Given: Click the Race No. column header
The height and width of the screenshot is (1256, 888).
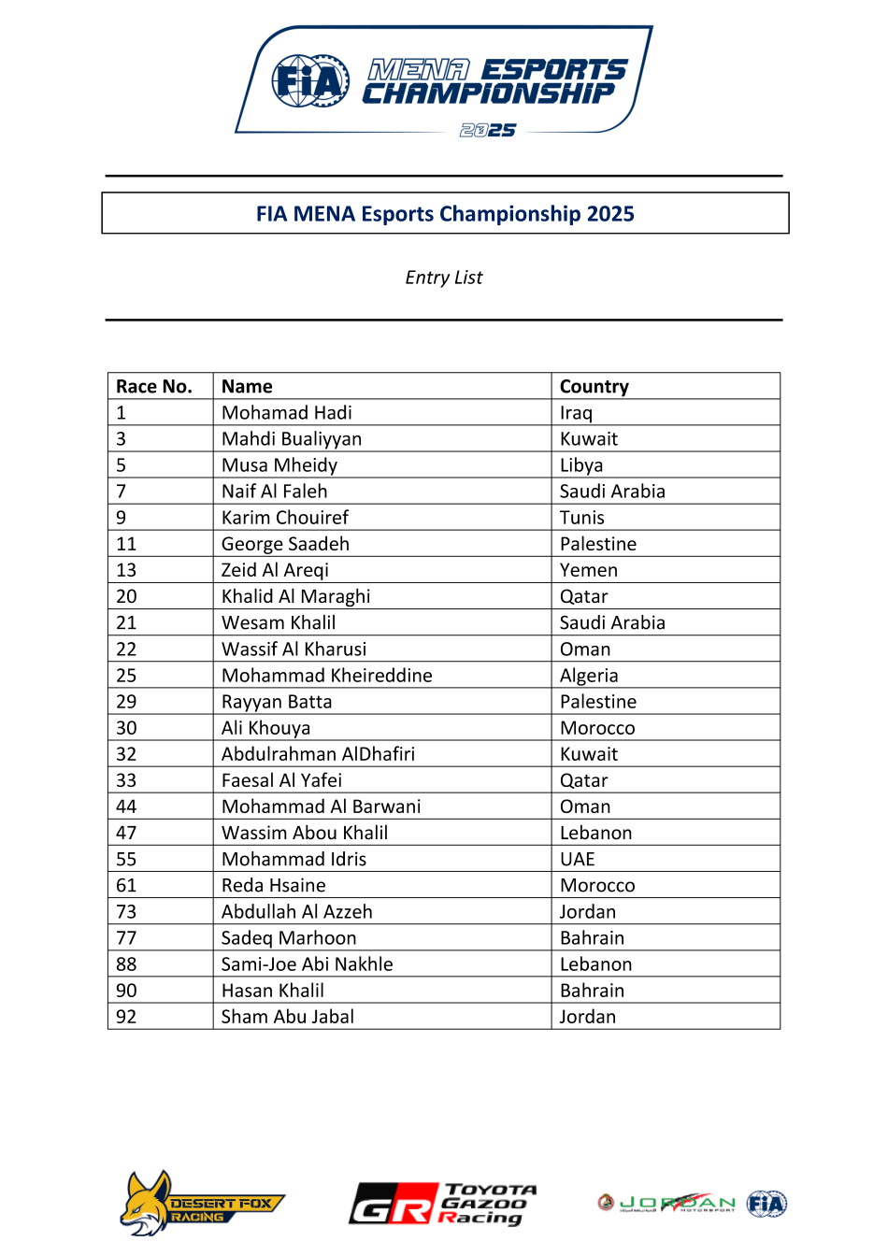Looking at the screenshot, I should coord(154,387).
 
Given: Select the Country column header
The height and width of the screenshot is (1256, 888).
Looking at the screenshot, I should coord(594,387).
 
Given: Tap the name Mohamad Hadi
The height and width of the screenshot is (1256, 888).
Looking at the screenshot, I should coord(287,413).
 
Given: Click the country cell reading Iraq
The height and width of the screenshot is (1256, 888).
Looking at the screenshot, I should coord(576,413).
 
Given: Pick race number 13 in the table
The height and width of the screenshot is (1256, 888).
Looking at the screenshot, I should coord(126,570).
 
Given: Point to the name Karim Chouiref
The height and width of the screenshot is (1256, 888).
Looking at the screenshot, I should coord(285,518).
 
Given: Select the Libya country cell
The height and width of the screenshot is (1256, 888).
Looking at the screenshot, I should coord(581,465).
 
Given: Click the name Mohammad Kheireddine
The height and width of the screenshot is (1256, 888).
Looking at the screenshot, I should coord(327,676).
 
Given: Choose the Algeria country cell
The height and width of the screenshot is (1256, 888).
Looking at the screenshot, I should coord(589,676).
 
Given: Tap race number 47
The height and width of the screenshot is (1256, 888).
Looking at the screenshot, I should coord(126,833).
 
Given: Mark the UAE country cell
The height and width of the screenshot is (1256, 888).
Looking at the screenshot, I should coord(578,859).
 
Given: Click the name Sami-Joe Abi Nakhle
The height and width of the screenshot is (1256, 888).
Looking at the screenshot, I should coord(307,964).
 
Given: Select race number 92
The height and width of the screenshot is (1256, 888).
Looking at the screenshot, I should coord(126,1017).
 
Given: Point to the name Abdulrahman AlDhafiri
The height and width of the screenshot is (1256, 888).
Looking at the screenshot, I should coord(318,754).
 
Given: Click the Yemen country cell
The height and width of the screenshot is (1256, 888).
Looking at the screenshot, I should coord(589,570).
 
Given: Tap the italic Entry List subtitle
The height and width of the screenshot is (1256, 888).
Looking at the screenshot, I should coord(444,278).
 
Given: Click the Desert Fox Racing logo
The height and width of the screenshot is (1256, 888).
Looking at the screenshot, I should coord(200,1204).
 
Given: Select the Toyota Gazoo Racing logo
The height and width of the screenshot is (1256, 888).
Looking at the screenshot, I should coord(443,1204).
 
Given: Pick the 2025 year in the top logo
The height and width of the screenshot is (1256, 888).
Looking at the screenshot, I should coord(488,131).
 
